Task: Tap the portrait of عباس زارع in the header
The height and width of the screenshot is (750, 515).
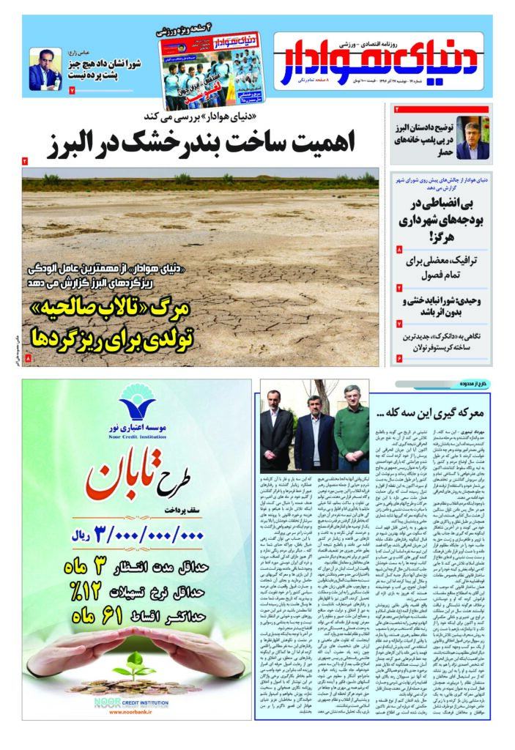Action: (45, 70)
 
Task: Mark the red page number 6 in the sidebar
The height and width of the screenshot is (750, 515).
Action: (399, 358)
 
